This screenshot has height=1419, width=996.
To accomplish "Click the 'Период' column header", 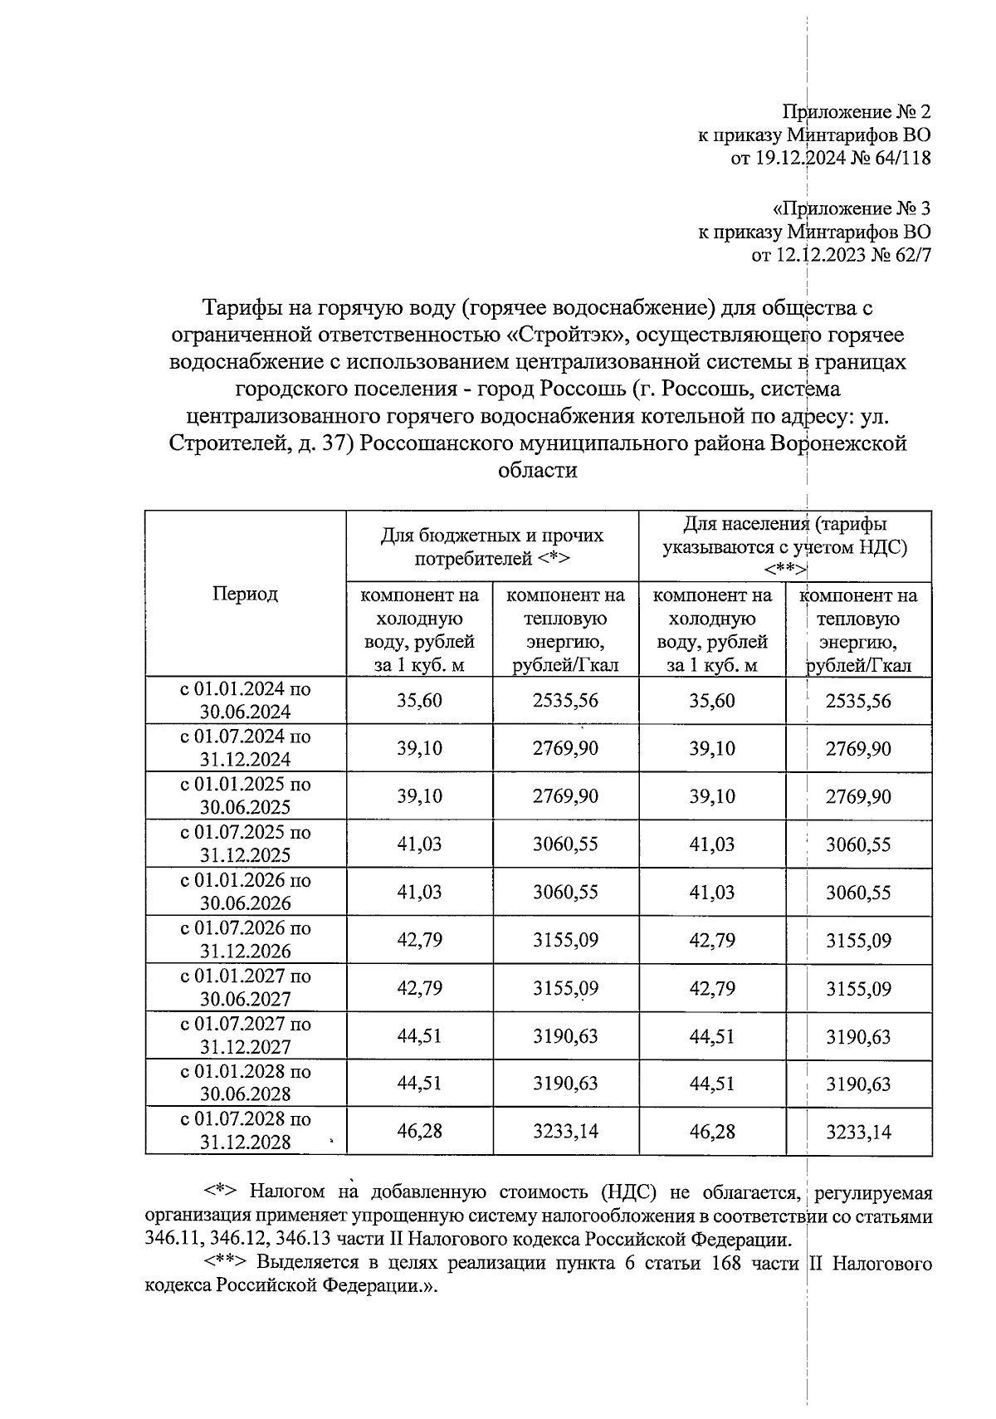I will point(245,594).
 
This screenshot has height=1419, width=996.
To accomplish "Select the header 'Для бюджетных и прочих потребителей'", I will point(492,546).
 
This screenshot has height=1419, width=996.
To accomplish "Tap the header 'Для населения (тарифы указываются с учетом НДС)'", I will point(784,546).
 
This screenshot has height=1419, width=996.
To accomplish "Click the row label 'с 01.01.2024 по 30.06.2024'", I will point(246,700).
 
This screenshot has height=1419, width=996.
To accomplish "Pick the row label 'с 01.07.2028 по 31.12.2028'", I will point(246,1130).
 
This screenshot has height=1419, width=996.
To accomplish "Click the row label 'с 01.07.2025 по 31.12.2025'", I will point(246,844).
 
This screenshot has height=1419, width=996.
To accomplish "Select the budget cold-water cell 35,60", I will point(419,700).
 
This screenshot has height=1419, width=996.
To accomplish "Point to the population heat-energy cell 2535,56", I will point(857,700).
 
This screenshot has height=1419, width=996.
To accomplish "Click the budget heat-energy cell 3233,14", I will point(565,1131).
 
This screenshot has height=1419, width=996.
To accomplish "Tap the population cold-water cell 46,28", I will point(711,1131).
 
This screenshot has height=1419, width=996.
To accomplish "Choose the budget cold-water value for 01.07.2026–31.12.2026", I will point(419,940).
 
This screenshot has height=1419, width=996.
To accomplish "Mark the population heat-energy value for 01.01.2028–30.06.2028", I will point(857,1084).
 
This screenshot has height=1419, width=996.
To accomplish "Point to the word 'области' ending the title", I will point(537,471).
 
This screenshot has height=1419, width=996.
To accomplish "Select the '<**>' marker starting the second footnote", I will point(226,1265).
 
